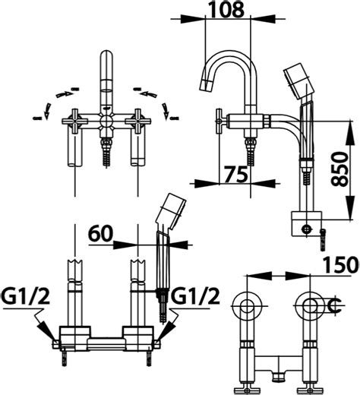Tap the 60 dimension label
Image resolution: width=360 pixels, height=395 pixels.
(101, 233)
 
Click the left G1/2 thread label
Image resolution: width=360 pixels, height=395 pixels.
(24, 295)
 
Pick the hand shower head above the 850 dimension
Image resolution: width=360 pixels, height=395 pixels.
(296, 80)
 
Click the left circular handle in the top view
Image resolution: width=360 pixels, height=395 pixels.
(246, 307)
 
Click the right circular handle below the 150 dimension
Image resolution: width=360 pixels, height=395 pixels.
(310, 307)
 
